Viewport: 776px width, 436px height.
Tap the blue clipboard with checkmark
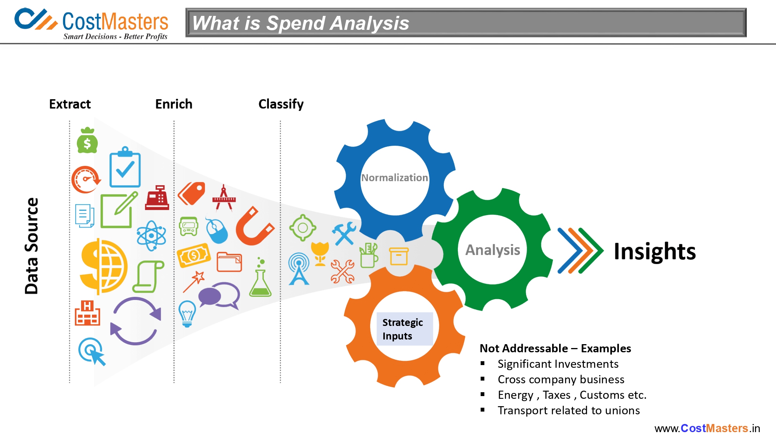pyautogui.click(x=125, y=167)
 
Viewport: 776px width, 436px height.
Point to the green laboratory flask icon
pyautogui.click(x=260, y=277)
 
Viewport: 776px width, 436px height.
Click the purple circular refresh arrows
pyautogui.click(x=135, y=321)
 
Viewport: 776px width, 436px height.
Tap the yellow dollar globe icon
pyautogui.click(x=103, y=267)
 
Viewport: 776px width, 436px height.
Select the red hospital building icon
pyautogui.click(x=87, y=313)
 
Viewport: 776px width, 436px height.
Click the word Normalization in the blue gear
pyautogui.click(x=395, y=178)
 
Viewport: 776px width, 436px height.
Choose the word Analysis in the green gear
pyautogui.click(x=493, y=250)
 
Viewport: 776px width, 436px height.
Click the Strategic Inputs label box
pyautogui.click(x=405, y=329)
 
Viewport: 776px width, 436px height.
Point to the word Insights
pyautogui.click(x=655, y=251)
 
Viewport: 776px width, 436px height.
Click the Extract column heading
pyautogui.click(x=70, y=104)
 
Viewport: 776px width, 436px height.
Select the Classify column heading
pyautogui.click(x=281, y=104)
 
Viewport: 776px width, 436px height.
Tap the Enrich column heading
pyautogui.click(x=174, y=104)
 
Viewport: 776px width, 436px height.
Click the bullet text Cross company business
pyautogui.click(x=561, y=379)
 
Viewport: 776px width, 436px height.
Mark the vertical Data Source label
pyautogui.click(x=32, y=246)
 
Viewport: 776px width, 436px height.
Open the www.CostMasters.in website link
pyautogui.click(x=707, y=428)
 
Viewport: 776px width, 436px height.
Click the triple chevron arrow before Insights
pyautogui.click(x=580, y=251)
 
